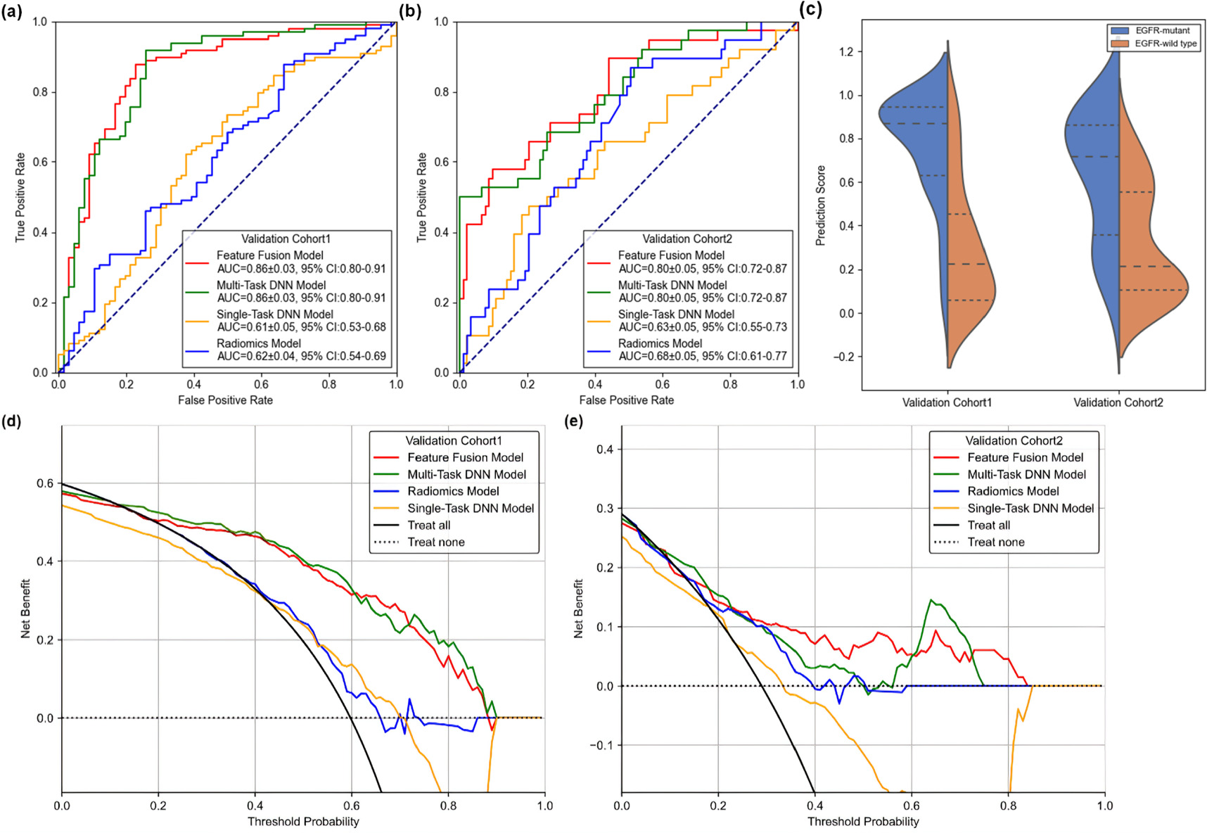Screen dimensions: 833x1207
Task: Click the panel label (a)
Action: [x=13, y=11]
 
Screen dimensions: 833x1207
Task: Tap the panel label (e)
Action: [x=574, y=421]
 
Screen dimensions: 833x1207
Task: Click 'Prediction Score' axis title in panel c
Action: [x=820, y=205]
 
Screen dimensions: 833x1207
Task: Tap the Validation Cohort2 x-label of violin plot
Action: [x=1118, y=402]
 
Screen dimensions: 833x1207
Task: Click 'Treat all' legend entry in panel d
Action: [x=428, y=526]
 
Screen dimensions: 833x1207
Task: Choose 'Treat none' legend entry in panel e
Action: [x=995, y=542]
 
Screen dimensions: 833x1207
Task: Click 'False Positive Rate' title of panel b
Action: [x=626, y=400]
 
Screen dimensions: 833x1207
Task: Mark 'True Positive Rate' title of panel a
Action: [x=20, y=198]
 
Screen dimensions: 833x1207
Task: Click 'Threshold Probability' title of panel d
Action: [x=303, y=822]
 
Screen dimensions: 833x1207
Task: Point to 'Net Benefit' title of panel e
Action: [x=578, y=609]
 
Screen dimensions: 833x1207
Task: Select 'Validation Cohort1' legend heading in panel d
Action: [x=454, y=441]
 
